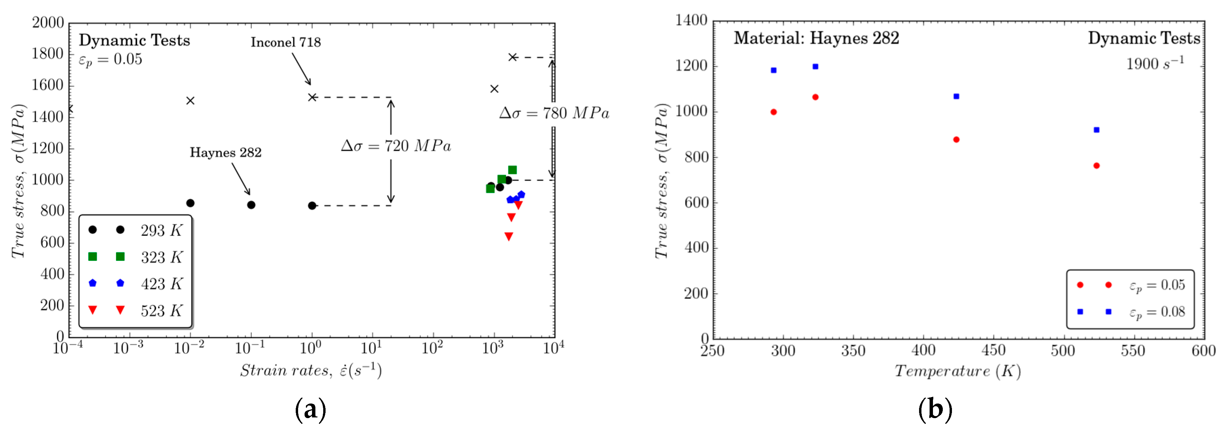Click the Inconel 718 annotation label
click(286, 42)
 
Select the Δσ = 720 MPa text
click(396, 146)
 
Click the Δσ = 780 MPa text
click(554, 113)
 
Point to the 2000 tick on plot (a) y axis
click(47, 22)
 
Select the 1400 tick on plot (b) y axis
click(691, 20)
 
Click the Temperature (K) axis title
click(957, 371)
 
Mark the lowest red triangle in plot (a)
click(509, 236)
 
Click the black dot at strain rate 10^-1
click(251, 205)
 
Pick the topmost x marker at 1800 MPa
click(512, 57)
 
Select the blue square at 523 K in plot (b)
click(1096, 130)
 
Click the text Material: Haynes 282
click(816, 38)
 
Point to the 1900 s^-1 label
click(1155, 64)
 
